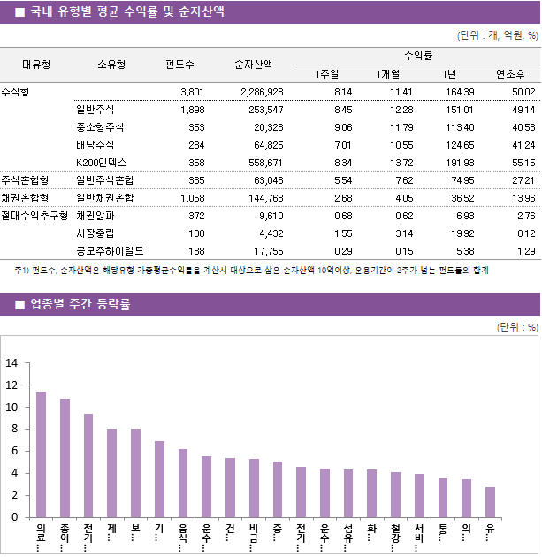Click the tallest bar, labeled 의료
(41, 454)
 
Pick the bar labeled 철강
(395, 495)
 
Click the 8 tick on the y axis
(14, 430)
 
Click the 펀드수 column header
(180, 64)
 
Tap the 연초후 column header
(511, 73)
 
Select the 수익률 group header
(416, 55)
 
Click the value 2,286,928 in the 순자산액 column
(262, 92)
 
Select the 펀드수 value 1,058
(192, 198)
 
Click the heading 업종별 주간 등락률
(80, 305)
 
